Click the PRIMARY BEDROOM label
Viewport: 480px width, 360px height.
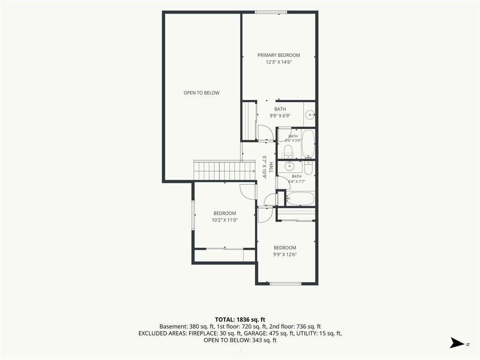tap(278, 55)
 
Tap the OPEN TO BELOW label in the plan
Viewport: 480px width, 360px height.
tap(202, 93)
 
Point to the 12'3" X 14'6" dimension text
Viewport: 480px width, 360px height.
tap(278, 62)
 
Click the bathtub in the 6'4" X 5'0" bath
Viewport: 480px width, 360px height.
tap(308, 144)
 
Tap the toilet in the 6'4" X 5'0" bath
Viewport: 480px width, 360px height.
tap(288, 152)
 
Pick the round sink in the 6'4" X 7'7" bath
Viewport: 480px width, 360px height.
tap(289, 166)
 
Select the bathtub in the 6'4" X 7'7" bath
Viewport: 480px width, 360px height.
tap(300, 199)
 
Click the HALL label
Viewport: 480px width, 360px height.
tap(271, 167)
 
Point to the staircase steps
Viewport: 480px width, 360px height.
tap(225, 170)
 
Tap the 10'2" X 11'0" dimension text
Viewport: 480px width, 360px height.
tap(225, 220)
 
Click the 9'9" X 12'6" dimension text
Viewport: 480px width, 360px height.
tap(285, 255)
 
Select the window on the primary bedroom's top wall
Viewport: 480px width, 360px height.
tap(271, 12)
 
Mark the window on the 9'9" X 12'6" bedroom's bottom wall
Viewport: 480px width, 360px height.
tap(285, 284)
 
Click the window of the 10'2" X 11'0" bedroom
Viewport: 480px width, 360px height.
tap(193, 215)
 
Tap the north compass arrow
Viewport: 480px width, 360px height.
tap(457, 343)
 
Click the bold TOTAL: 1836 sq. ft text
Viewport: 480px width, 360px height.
tap(240, 320)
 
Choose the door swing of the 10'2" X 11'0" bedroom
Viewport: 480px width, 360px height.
tap(248, 192)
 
